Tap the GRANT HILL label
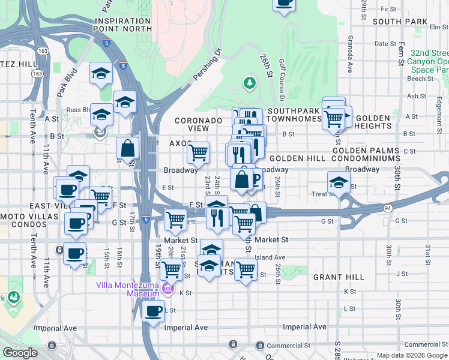(339, 277)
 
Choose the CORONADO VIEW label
(199, 124)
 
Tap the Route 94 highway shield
(388, 208)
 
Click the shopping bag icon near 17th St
(128, 148)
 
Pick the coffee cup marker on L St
(153, 311)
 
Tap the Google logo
(20, 353)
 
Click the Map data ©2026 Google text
(411, 355)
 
